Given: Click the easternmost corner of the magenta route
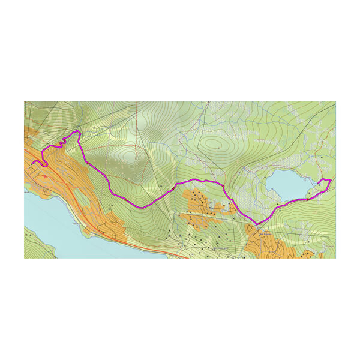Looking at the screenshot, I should coord(331,179).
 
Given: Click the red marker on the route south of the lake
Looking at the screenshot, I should coord(307,199).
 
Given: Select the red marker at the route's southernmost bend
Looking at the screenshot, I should coord(257,226).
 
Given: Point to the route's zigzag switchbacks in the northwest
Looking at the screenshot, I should coord(60,144).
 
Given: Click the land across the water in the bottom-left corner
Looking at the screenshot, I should coord(36,246).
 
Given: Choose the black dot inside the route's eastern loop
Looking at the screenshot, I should coord(323,184).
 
